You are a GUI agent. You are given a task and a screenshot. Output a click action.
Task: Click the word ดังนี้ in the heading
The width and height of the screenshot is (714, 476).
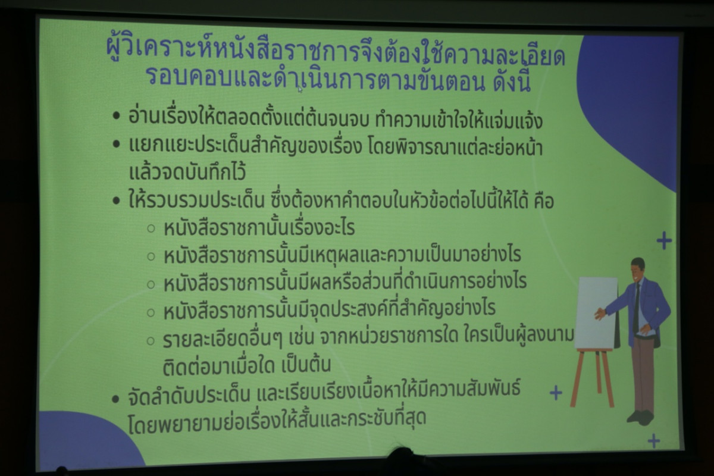(512, 82)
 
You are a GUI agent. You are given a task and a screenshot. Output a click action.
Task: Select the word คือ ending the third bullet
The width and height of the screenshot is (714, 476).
(544, 201)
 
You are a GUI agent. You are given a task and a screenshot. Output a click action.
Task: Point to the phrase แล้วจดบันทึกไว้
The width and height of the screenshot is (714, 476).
(187, 172)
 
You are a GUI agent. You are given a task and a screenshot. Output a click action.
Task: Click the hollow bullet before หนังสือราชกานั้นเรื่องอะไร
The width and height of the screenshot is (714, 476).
(151, 228)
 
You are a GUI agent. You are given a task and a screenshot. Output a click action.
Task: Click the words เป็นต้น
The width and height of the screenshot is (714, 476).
(306, 365)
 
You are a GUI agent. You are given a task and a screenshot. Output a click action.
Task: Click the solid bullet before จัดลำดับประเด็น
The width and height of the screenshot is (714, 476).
(115, 399)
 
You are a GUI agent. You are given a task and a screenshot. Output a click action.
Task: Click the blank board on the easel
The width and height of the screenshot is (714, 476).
(597, 313)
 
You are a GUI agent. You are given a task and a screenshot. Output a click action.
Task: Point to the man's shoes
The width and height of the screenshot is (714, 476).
(641, 417)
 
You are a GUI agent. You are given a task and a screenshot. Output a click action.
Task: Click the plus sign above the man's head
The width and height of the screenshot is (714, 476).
(664, 240)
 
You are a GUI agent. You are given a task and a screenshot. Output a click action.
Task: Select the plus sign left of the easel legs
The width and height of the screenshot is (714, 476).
(556, 393)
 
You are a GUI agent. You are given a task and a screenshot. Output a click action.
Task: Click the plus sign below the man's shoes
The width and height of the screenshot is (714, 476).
(654, 441)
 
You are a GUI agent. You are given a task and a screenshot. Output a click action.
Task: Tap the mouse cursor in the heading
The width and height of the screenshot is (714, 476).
(300, 90)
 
